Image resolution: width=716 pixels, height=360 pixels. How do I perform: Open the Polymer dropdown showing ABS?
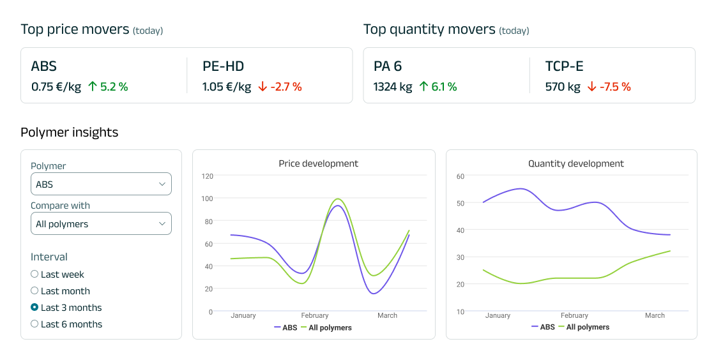point(101,184)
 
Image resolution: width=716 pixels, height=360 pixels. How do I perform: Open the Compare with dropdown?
point(101,223)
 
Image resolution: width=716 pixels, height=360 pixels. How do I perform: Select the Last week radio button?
point(34,274)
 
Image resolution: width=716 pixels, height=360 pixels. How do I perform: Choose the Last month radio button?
point(34,291)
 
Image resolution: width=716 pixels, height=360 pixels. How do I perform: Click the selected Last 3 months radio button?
point(34,308)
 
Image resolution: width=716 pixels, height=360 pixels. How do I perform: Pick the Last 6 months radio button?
point(34,324)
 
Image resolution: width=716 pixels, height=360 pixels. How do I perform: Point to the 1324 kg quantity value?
point(393,87)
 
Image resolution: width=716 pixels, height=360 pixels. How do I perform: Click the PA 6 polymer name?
point(388,66)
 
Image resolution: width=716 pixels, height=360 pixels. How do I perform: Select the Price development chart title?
point(318,163)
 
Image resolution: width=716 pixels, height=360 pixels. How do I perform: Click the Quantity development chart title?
point(575,163)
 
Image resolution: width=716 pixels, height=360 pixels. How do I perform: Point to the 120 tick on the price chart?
point(207,176)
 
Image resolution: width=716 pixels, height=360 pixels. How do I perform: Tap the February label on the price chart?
point(315,315)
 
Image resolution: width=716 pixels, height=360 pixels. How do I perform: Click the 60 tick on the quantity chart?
point(461,176)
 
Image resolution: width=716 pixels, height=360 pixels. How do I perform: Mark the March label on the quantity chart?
point(655,315)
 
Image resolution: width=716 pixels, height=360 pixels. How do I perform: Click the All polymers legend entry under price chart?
point(330,328)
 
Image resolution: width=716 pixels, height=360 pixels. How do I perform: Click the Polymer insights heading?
point(69,133)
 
